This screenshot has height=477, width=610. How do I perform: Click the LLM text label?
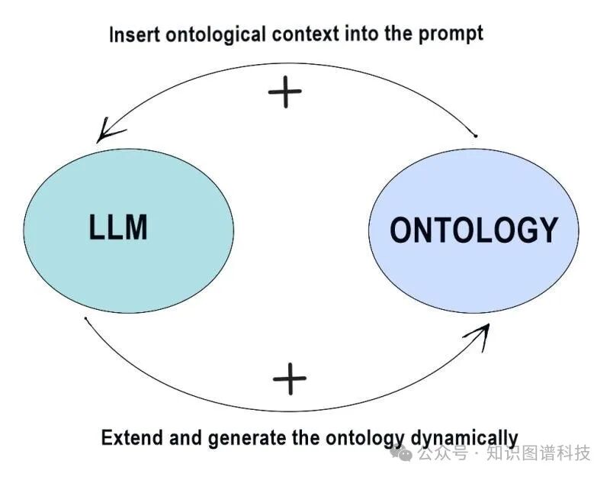pos(118,227)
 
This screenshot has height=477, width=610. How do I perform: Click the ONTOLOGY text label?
pos(474,229)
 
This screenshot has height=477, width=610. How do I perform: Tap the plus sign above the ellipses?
pos(285,93)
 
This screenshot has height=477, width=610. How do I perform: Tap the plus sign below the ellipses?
pos(289,379)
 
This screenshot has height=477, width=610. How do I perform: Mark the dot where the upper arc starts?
pos(476,137)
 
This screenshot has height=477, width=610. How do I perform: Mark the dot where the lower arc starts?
pos(86,318)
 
